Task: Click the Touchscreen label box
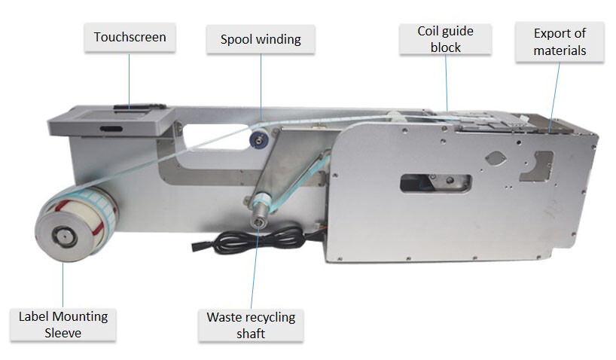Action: coord(130,37)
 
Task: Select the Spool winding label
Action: coord(261,39)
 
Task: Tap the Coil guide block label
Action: coord(445,38)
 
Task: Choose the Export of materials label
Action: coord(559,42)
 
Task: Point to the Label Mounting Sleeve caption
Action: coord(63,324)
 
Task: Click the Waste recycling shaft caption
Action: coord(251,325)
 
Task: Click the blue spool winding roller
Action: coord(258,137)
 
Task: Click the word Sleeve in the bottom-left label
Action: coord(63,332)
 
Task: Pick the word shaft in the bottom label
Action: coord(251,333)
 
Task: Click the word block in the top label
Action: coord(445,47)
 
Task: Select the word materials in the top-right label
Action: coord(559,50)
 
